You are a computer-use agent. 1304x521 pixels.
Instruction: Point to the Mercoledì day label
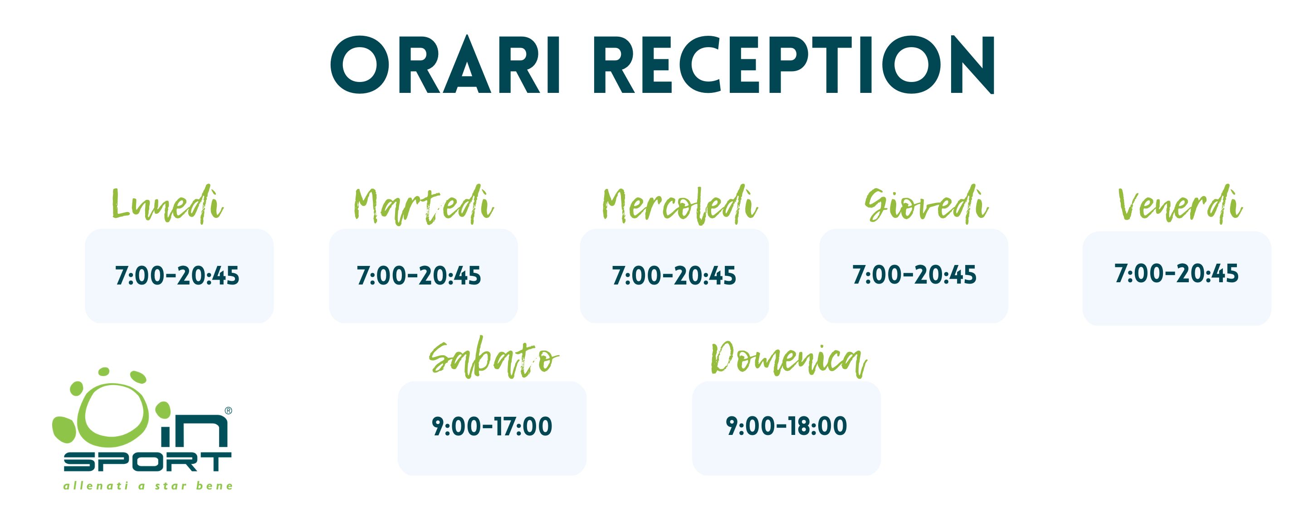(679, 205)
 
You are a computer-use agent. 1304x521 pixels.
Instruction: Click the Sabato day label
(493, 358)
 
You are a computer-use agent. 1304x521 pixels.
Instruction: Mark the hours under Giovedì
(915, 275)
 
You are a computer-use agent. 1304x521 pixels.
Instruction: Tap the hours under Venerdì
(1177, 274)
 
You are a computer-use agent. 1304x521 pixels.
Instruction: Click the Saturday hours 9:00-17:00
(492, 426)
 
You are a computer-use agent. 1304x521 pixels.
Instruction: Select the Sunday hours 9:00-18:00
(786, 426)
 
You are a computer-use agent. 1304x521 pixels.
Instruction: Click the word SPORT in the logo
(147, 461)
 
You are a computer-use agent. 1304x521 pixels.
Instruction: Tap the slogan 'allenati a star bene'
(148, 486)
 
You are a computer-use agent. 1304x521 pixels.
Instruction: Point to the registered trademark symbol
(228, 411)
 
